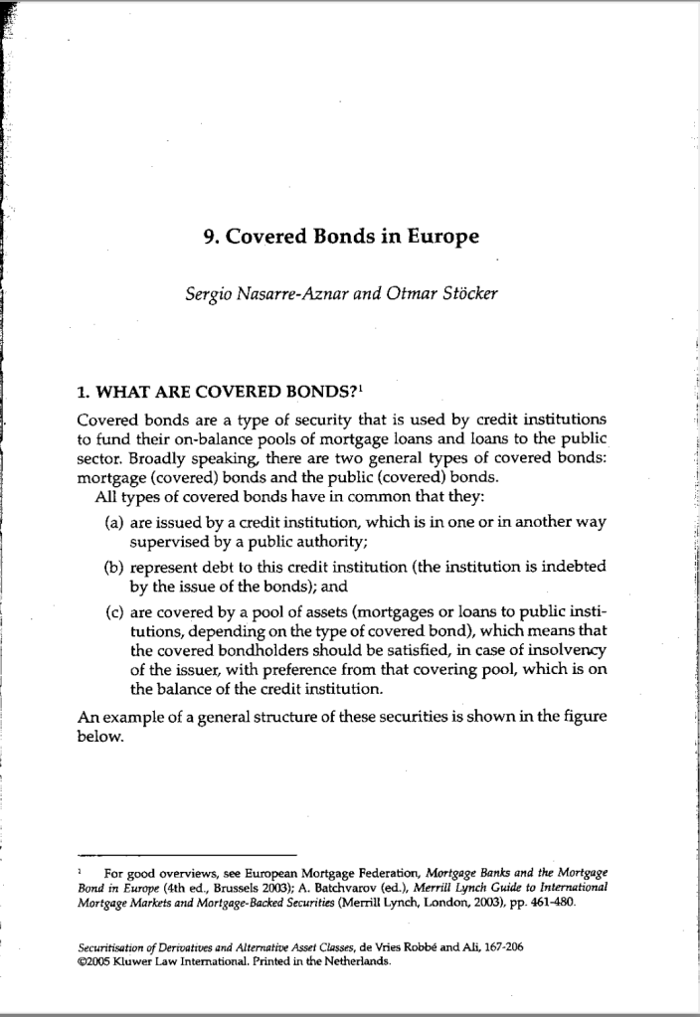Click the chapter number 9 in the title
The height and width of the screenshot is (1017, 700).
coord(207,238)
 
